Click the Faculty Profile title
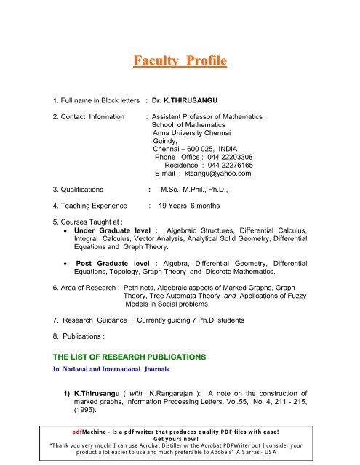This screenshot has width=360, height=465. (180, 57)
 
